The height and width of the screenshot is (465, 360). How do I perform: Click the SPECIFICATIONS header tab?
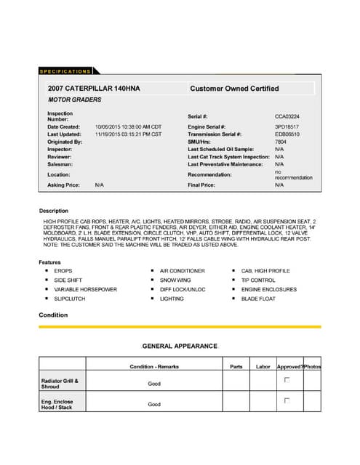coord(65,71)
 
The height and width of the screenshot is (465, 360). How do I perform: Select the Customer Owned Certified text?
coord(233,89)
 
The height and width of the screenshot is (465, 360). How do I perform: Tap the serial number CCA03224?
coord(287,116)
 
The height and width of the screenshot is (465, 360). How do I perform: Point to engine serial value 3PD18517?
coord(287,126)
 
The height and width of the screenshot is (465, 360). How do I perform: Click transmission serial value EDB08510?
coord(287,134)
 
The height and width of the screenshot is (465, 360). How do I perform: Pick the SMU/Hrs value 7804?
coord(281,142)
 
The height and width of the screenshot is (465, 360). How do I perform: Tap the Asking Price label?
coord(63,185)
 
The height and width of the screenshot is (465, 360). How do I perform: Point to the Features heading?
coord(51,262)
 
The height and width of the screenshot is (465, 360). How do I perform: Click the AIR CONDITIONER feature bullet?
coord(183,270)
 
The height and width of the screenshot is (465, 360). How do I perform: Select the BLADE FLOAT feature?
coord(259,299)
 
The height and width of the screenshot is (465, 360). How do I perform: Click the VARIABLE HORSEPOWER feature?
coord(85,289)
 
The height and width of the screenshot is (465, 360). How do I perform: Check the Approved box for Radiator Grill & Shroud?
coord(287,380)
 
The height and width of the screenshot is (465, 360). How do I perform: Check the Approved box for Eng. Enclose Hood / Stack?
coord(287,400)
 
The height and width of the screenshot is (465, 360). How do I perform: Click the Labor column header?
coord(263,366)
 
